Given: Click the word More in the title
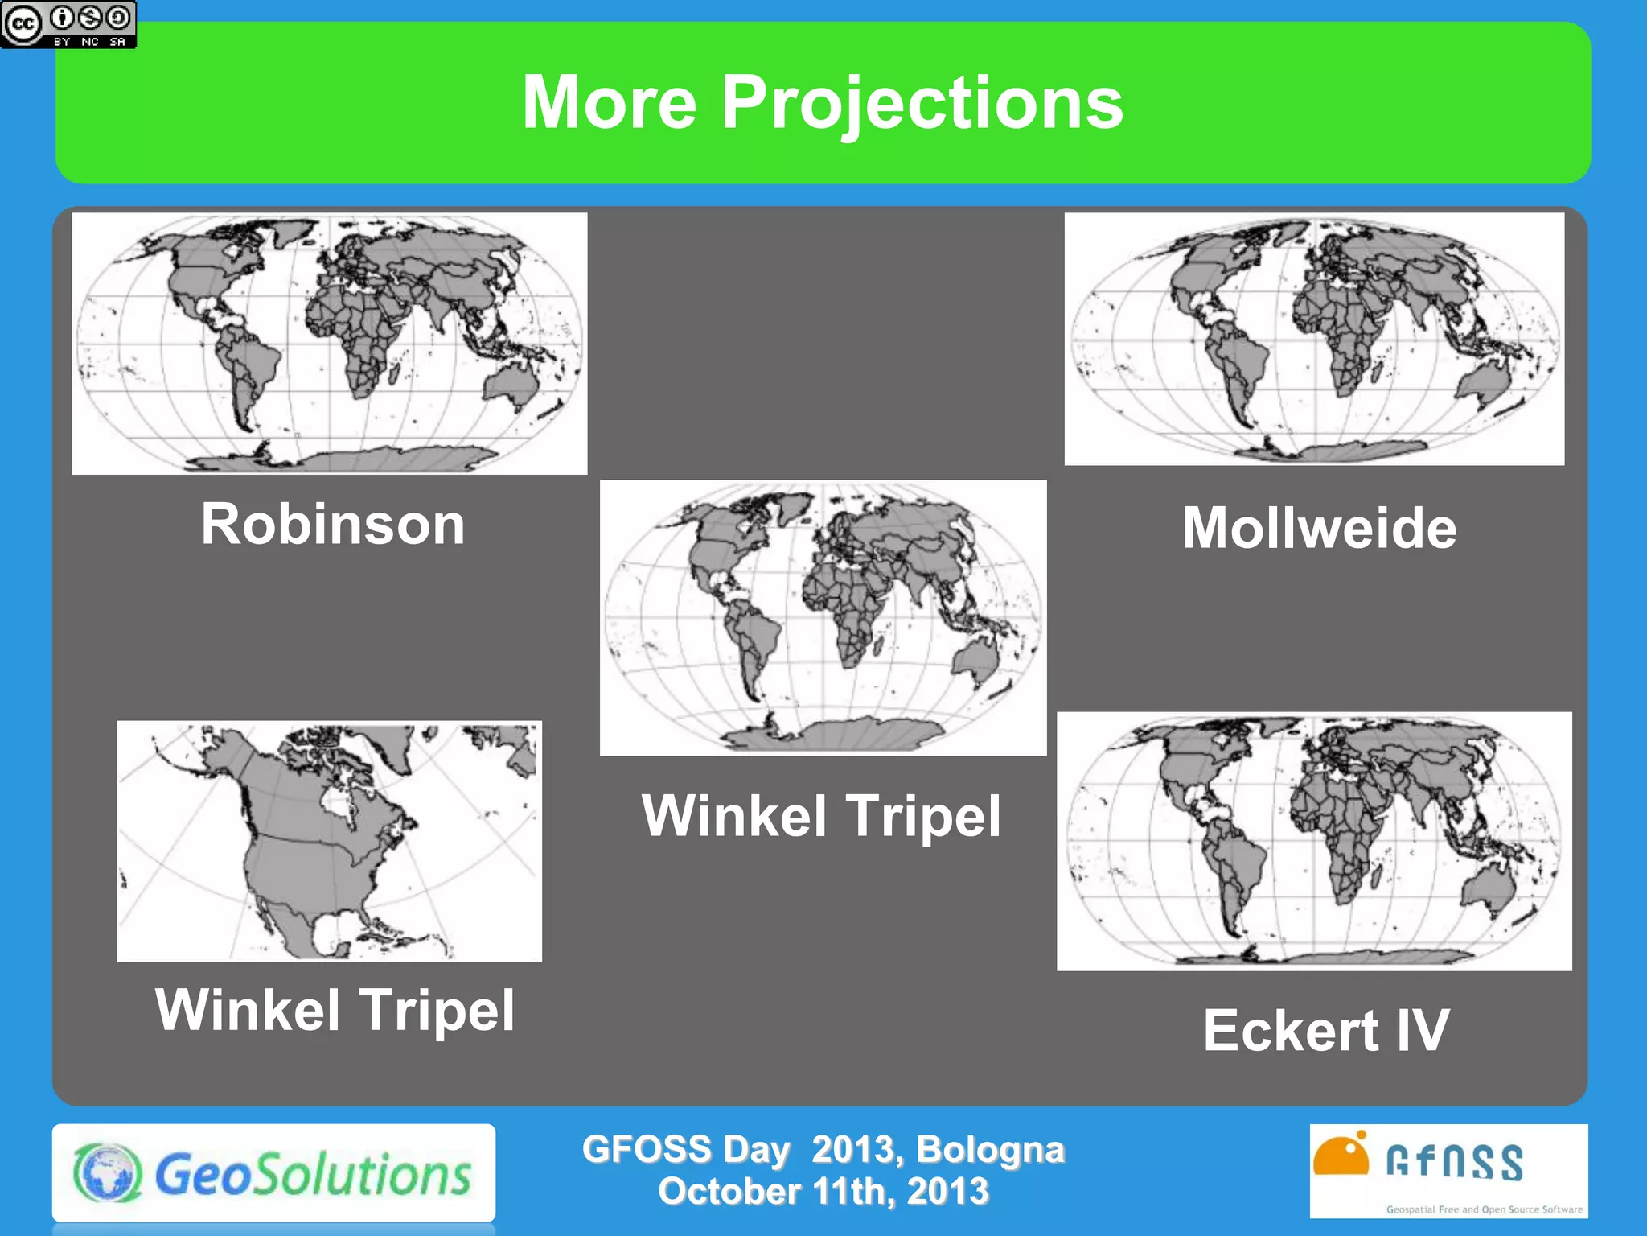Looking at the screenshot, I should pos(609,103).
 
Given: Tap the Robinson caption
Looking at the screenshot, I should pos(333,525).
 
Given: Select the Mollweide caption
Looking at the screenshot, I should pos(1319,529).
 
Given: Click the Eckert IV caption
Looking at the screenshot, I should pos(1326,1031).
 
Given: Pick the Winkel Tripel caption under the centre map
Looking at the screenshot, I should pos(822,816).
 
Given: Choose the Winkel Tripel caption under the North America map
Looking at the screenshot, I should pos(335,1010).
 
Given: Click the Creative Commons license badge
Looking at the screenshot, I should pos(68,24).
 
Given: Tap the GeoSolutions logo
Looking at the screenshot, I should pos(273,1173).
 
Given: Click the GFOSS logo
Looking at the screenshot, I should pos(1448,1171).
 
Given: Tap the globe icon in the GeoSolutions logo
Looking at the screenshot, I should pos(107,1173).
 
